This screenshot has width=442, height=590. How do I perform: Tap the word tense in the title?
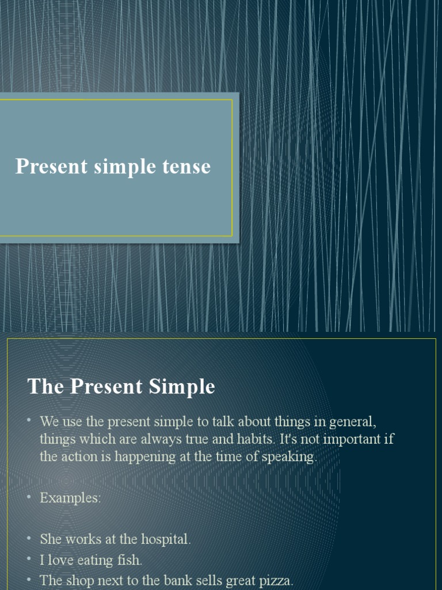coord(185,167)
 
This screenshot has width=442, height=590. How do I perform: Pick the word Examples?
coord(70,498)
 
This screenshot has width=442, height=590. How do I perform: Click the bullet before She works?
coord(29,538)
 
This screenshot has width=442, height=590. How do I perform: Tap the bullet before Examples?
coord(29,497)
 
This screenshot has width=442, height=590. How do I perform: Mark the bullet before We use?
coord(29,420)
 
